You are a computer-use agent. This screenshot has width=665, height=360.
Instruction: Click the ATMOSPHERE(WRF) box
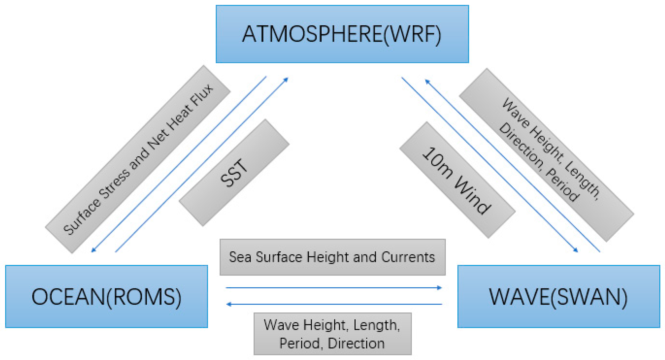(x=342, y=34)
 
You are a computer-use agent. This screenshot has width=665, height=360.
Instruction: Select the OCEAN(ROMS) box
(x=106, y=296)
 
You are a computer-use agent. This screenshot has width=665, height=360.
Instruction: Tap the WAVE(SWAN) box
(x=558, y=296)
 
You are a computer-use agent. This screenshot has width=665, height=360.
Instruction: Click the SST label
(x=234, y=173)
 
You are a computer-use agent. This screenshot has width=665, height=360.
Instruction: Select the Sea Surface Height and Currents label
(x=332, y=257)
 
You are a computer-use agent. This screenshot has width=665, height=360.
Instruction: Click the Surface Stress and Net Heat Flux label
(x=138, y=159)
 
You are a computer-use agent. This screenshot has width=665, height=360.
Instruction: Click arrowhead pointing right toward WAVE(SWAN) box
(x=440, y=288)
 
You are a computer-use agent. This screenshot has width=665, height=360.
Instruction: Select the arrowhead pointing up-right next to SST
(x=286, y=80)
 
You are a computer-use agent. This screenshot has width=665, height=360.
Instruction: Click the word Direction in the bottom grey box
(x=356, y=343)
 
